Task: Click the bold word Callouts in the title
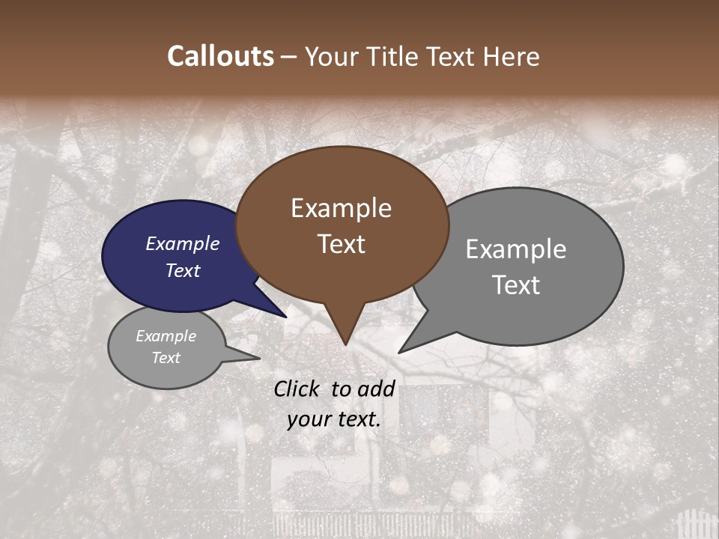click(221, 56)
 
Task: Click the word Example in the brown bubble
click(341, 208)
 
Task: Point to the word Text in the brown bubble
click(341, 244)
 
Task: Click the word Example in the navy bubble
click(183, 243)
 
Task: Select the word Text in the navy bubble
click(183, 270)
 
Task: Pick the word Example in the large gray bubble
click(516, 249)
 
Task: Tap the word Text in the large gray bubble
click(516, 285)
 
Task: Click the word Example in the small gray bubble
click(166, 336)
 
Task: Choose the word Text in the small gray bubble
click(166, 358)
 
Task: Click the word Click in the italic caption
click(296, 389)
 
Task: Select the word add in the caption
click(376, 389)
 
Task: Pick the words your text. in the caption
click(334, 419)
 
